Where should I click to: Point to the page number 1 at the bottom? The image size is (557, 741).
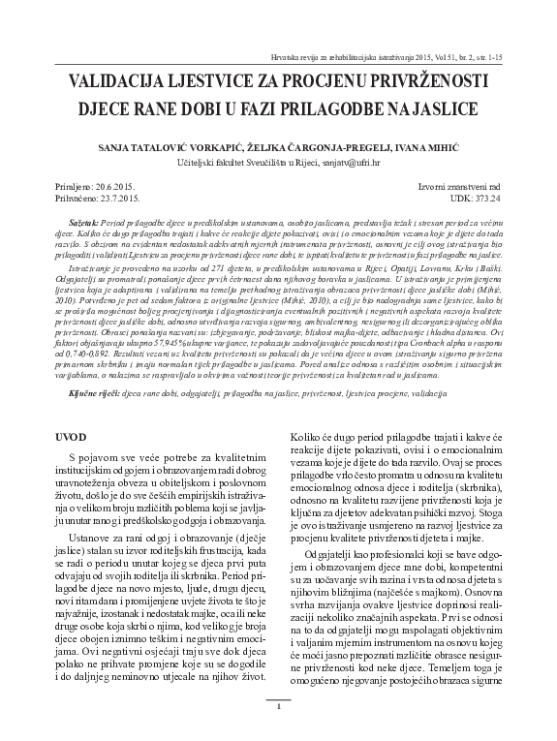pos(278,706)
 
